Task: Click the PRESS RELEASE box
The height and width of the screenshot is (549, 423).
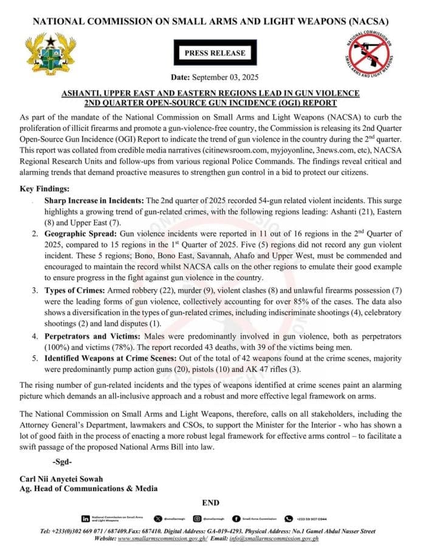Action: click(x=211, y=53)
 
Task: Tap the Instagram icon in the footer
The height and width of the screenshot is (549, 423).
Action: click(x=198, y=519)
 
